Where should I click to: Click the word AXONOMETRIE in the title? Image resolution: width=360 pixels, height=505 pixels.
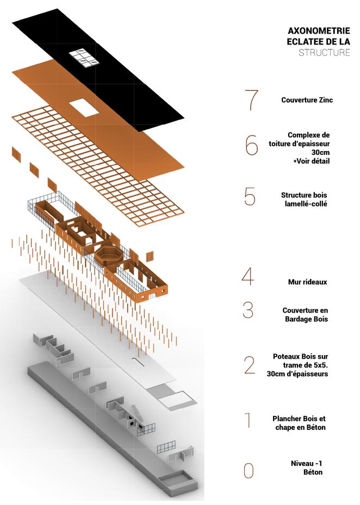point(319,31)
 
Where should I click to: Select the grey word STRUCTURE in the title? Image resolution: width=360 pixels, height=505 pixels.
point(324,53)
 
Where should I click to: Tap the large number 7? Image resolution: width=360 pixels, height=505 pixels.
point(252,100)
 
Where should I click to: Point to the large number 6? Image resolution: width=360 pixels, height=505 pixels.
point(251,145)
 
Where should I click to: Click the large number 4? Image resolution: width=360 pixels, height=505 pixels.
point(247,276)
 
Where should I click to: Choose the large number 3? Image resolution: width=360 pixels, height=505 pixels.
point(248,310)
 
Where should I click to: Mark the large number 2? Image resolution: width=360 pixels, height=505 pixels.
point(250,365)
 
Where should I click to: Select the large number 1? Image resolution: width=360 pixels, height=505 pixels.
point(248,420)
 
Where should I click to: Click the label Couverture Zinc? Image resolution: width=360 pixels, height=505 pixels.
point(307,100)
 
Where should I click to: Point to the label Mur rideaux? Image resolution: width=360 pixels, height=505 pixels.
point(307,282)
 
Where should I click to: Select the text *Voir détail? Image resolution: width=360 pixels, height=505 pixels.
point(312,161)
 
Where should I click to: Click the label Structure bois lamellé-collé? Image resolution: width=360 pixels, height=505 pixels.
point(304,199)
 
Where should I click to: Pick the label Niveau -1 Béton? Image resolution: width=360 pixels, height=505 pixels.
point(307,467)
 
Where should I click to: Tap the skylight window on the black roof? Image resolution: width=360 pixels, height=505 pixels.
point(84,58)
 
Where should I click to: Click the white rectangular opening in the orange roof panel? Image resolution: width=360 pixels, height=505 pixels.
point(84,108)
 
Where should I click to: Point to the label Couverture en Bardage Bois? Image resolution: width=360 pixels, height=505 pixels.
point(305,315)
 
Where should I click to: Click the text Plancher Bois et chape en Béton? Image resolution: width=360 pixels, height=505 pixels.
point(299,423)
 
